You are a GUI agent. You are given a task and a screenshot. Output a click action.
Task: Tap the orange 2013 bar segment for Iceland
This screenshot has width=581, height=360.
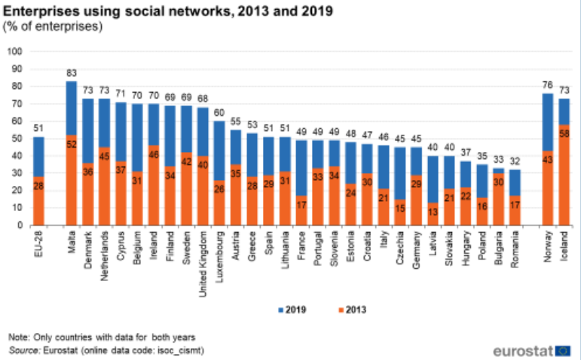564,174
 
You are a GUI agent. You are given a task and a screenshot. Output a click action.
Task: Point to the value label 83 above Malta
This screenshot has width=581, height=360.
72,74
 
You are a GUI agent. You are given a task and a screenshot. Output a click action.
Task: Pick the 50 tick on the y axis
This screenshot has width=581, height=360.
17,138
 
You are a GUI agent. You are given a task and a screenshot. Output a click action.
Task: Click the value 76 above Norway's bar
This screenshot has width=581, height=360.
548,86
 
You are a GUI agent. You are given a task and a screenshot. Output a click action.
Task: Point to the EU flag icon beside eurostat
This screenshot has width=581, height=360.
563,351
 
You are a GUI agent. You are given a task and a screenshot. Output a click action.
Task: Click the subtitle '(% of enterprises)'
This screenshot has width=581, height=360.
53,27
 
